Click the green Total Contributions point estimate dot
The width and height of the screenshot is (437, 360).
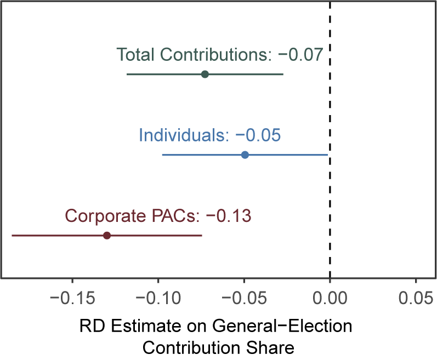coord(205,75)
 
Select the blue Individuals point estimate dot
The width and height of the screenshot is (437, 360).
coord(245,155)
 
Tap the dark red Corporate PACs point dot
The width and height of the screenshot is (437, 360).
coord(107,236)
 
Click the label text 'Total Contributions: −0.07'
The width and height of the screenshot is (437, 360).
coord(219,55)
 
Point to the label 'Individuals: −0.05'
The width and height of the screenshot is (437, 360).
coord(210,135)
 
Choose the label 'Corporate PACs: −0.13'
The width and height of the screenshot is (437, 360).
coord(158,216)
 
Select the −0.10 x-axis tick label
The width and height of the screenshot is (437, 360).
coord(158,298)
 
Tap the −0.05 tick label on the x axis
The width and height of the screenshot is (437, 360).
coord(244,298)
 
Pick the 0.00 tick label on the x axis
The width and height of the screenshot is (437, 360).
coord(330,298)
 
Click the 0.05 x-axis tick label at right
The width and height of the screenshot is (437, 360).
coord(416,298)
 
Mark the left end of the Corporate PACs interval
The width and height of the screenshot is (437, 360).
coord(12,236)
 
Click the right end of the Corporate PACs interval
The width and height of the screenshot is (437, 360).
coord(202,236)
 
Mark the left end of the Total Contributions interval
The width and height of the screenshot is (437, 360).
coord(127,75)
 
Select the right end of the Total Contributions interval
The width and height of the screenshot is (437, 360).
coord(283,75)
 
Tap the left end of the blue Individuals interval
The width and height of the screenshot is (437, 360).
coord(163,155)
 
